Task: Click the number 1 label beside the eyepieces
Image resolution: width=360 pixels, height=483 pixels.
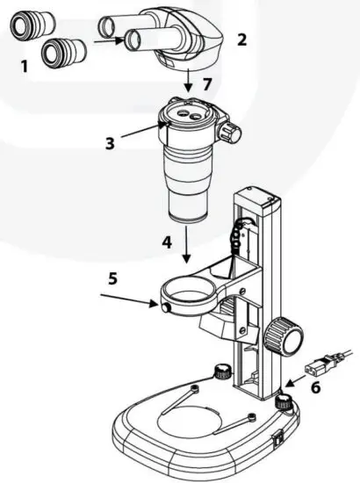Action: point(24,65)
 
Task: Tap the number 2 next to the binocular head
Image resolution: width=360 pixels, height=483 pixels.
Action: point(242,39)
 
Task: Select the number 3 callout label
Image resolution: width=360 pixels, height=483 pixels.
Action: point(110,143)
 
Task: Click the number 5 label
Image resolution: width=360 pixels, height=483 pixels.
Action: point(112,279)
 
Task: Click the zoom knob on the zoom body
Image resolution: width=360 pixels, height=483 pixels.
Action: point(231,133)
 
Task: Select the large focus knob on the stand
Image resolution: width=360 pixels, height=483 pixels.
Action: point(285,337)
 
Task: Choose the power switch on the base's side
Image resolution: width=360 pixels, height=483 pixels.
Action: point(278,434)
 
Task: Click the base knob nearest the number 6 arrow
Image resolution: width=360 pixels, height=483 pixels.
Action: point(283,403)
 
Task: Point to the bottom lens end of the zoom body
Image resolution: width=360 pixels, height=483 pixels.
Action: point(187,213)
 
